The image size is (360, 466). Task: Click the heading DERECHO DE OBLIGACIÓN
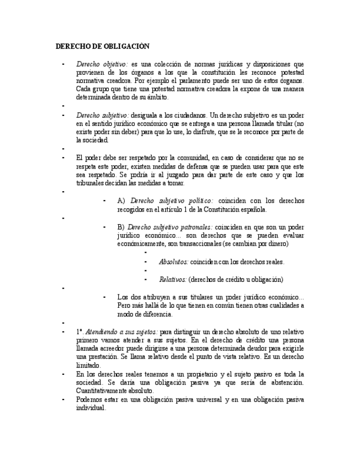point(103,46)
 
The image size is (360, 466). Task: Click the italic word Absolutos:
point(174,262)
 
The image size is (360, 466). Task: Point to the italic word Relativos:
point(173,279)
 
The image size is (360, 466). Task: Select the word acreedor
point(109,348)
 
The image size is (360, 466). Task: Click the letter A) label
point(121,201)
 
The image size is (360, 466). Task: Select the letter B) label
point(121,226)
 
